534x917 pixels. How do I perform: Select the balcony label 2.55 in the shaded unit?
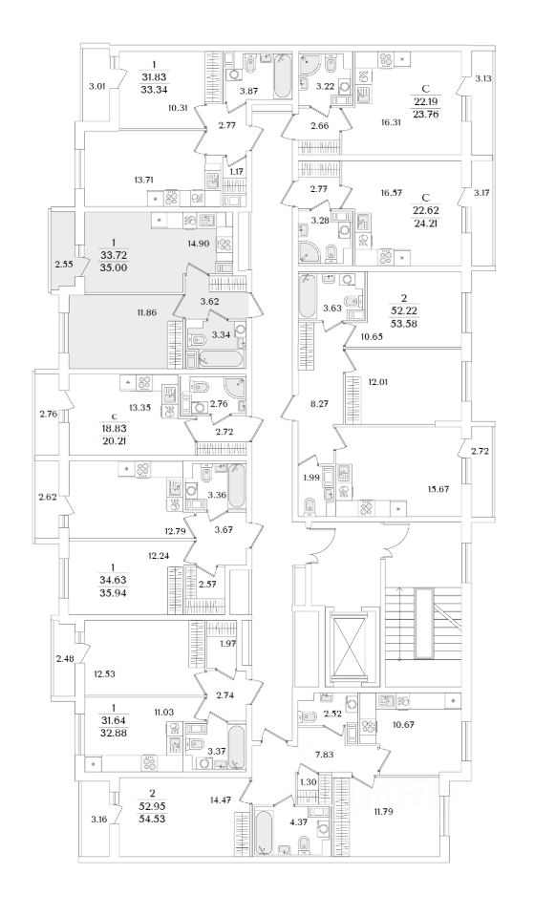click(x=62, y=265)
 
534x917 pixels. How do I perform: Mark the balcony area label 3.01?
click(x=96, y=87)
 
